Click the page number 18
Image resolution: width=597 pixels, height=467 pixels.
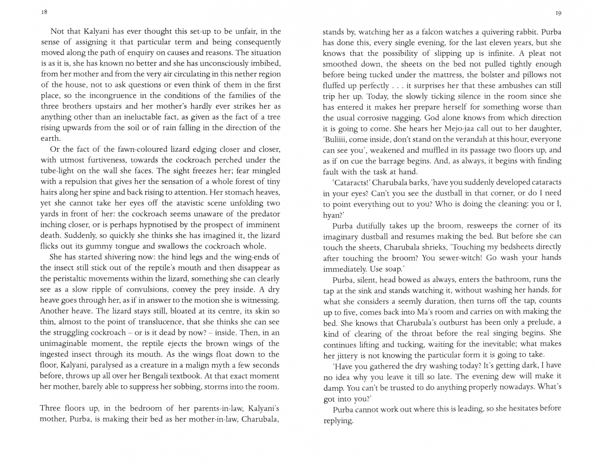point(44,12)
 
